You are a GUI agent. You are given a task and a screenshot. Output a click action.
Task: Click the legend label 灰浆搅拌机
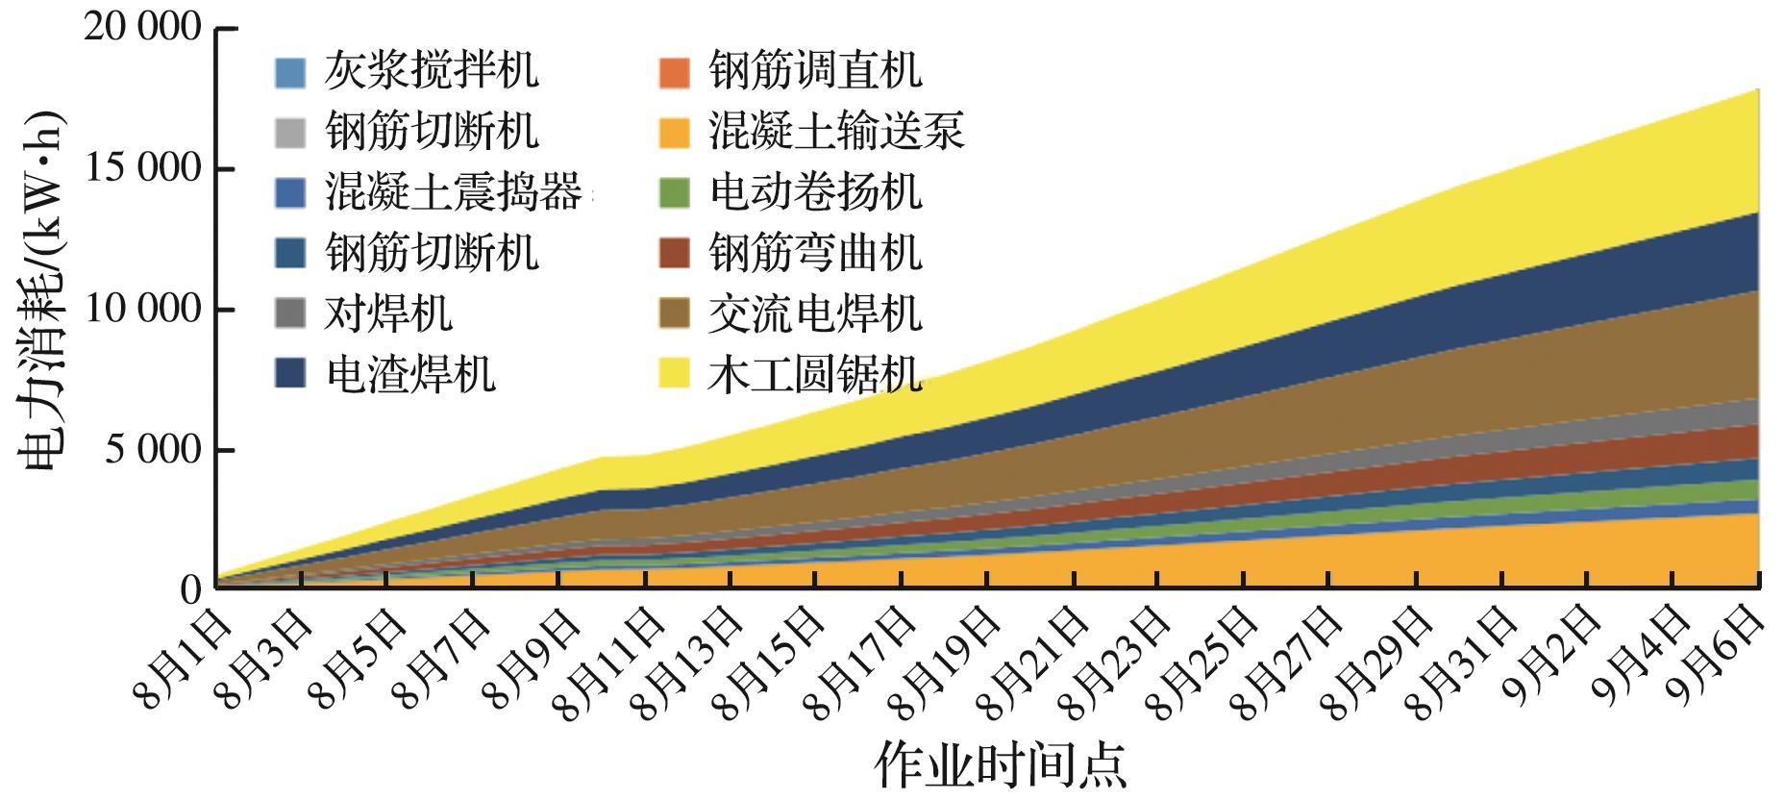[431, 71]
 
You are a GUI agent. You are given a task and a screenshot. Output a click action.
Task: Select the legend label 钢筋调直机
[815, 71]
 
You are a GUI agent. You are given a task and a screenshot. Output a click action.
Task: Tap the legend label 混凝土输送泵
[836, 131]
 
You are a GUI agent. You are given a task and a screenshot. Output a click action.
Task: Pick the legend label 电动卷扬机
[815, 191]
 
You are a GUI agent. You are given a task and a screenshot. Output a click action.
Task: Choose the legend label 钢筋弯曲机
[815, 252]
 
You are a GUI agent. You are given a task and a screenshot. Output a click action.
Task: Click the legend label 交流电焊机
[815, 312]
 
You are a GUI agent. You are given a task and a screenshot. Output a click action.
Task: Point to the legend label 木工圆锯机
[815, 373]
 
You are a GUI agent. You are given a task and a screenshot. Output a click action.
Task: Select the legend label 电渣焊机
[409, 373]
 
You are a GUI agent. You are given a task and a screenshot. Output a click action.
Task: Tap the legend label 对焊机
[388, 312]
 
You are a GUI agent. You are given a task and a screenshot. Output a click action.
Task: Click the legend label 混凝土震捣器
[453, 191]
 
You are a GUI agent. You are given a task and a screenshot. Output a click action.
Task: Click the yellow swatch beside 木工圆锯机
[676, 374]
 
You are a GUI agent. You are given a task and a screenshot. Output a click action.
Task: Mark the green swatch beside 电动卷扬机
[676, 192]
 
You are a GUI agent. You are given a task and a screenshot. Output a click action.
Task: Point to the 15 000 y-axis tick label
[143, 169]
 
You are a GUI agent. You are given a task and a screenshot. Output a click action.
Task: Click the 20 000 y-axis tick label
[143, 29]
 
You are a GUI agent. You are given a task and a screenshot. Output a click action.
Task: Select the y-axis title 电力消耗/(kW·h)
[42, 308]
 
